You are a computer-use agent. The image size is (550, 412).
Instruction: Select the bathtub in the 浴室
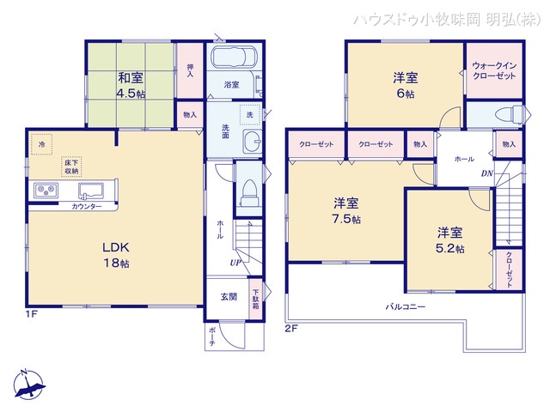tap(229, 60)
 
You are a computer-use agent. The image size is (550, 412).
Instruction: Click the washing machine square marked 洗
tap(248, 114)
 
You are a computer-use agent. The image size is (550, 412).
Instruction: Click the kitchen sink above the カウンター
tap(90, 191)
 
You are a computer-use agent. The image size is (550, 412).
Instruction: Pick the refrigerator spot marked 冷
tap(40, 143)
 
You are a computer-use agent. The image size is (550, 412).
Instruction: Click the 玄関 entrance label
tap(229, 297)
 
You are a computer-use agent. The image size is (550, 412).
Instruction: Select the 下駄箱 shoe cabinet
tap(255, 298)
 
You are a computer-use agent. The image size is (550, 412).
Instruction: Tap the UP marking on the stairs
tap(234, 262)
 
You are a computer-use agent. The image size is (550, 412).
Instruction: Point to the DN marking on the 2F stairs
tap(486, 174)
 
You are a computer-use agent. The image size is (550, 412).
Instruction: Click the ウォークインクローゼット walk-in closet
tap(493, 71)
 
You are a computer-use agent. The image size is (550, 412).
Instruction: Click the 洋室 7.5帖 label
tap(346, 210)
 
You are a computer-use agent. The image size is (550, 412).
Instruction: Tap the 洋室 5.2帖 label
tap(449, 239)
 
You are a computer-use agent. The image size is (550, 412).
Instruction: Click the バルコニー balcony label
tap(403, 305)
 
